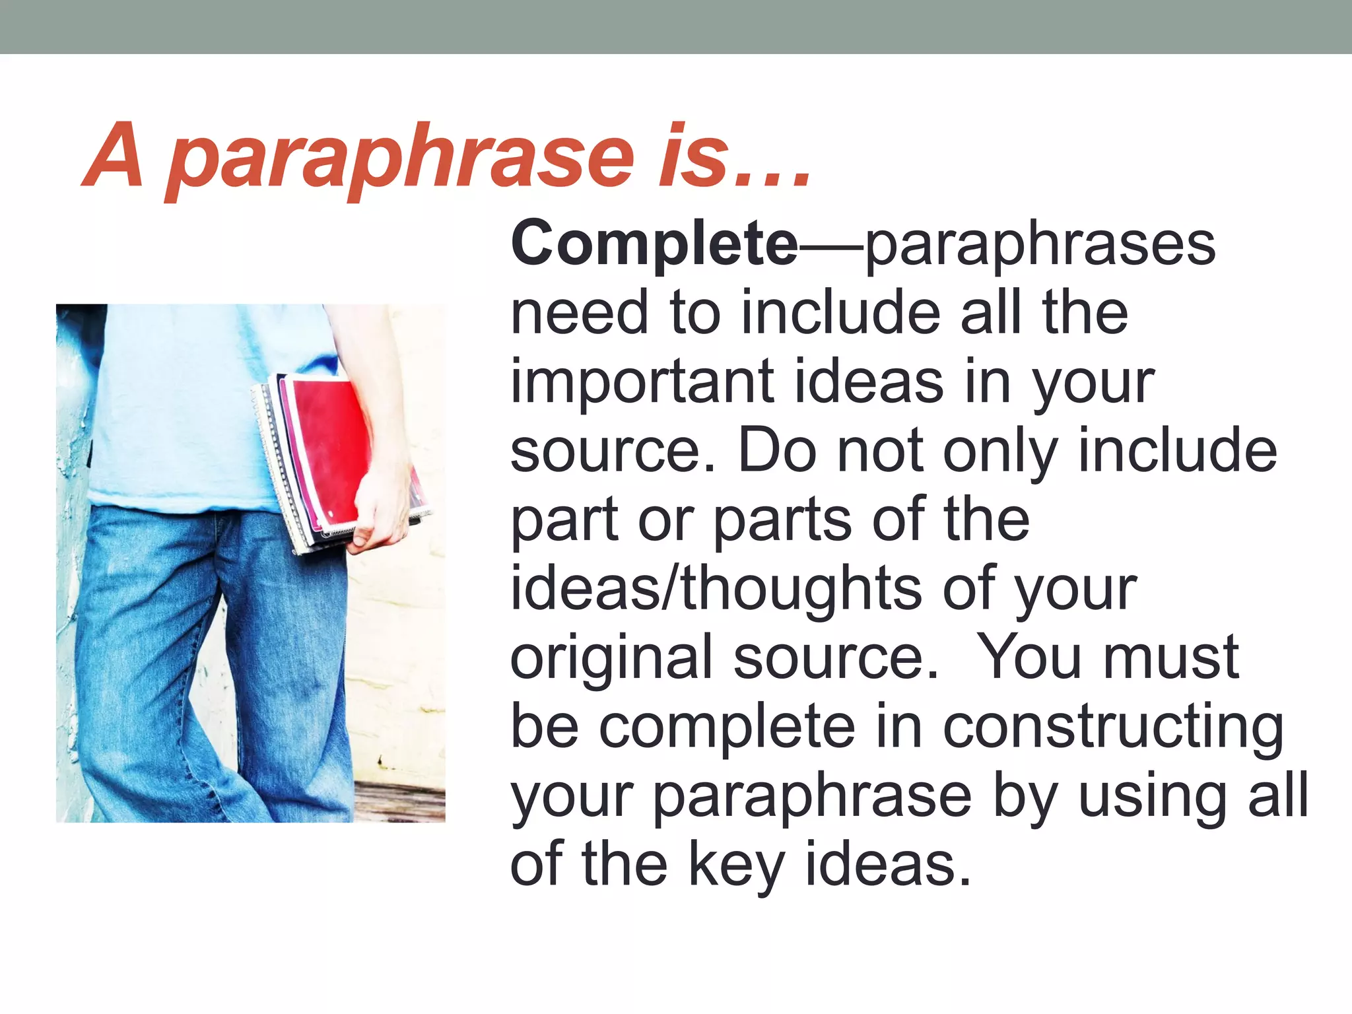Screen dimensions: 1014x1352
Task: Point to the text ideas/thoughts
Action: coord(716,589)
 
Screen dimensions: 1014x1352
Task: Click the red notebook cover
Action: coord(327,449)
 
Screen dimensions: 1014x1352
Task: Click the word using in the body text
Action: coord(1153,797)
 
